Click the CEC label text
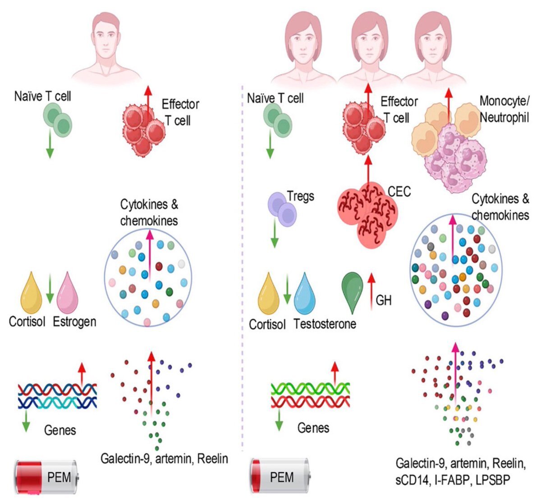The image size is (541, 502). (x=399, y=192)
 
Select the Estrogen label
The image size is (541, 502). (x=74, y=322)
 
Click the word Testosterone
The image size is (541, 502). (x=325, y=323)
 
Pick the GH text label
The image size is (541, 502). (x=384, y=300)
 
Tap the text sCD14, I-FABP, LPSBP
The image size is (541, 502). (x=453, y=481)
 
